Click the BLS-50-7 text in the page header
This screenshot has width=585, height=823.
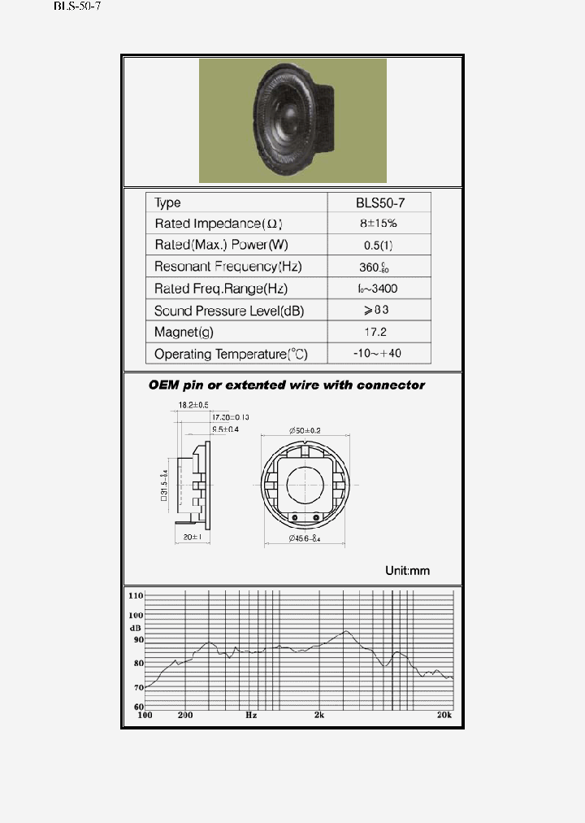[77, 7]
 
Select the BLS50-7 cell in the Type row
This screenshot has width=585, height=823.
[379, 202]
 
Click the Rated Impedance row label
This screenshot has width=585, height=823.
[219, 224]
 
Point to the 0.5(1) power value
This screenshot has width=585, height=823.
[379, 245]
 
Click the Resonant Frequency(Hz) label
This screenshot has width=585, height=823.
[227, 267]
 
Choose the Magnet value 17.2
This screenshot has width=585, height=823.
[379, 332]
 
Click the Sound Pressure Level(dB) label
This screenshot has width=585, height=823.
[229, 311]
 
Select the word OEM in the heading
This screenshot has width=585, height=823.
[164, 385]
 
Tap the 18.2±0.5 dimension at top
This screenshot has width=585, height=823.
[193, 405]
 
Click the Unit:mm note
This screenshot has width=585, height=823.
[407, 570]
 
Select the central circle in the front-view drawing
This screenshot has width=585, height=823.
[305, 486]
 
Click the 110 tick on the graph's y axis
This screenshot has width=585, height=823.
[136, 596]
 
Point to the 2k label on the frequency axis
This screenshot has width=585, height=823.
[319, 716]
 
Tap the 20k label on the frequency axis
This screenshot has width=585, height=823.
[444, 716]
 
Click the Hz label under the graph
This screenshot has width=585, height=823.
[251, 716]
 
